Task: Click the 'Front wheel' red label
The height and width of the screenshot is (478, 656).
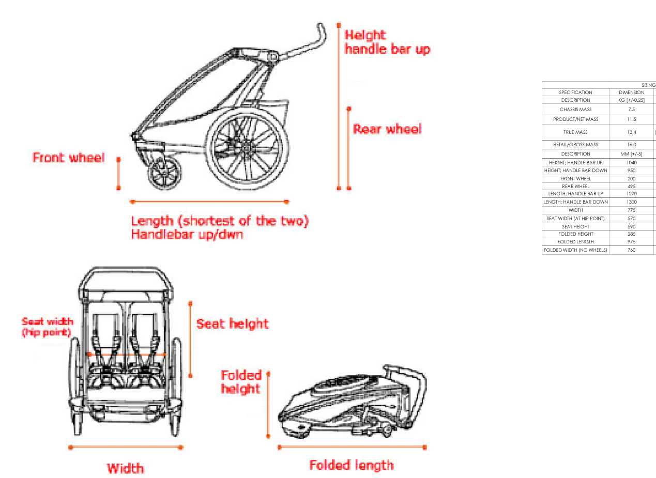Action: pyautogui.click(x=68, y=158)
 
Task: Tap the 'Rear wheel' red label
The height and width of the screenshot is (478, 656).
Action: pyautogui.click(x=387, y=129)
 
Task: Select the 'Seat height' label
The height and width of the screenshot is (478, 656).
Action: pyautogui.click(x=232, y=324)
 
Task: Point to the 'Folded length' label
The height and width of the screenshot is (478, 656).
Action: pyautogui.click(x=352, y=465)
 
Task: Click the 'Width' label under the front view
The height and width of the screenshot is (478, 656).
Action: pyautogui.click(x=125, y=468)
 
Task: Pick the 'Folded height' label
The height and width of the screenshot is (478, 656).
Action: pyautogui.click(x=241, y=382)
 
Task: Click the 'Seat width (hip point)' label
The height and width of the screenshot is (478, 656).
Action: pyautogui.click(x=47, y=327)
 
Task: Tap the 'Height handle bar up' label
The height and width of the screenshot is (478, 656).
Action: pyautogui.click(x=387, y=42)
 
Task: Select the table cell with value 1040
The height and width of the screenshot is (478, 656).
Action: pyautogui.click(x=631, y=162)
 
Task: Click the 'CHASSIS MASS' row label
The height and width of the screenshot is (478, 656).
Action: pyautogui.click(x=575, y=110)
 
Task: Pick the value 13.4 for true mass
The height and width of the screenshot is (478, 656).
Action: pyautogui.click(x=631, y=132)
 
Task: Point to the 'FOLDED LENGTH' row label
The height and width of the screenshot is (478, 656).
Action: pyautogui.click(x=575, y=242)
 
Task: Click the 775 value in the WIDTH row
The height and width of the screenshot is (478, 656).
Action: pyautogui.click(x=631, y=210)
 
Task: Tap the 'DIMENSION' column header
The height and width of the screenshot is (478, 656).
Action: pyautogui.click(x=631, y=92)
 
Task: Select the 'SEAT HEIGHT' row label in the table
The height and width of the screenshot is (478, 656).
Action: pyautogui.click(x=575, y=226)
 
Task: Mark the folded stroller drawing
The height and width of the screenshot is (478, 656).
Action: pyautogui.click(x=353, y=401)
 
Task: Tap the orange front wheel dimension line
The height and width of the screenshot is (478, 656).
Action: pyautogui.click(x=118, y=174)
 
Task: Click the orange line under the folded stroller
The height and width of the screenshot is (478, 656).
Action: pyautogui.click(x=352, y=447)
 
